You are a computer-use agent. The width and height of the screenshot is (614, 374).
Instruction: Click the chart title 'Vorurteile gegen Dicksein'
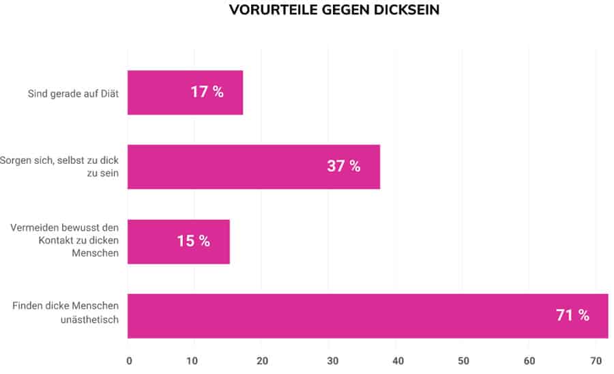pyautogui.click(x=334, y=10)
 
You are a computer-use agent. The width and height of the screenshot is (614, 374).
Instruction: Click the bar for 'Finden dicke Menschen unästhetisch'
pyautogui.click(x=341, y=315)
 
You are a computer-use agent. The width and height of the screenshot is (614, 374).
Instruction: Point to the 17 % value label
pyautogui.click(x=207, y=92)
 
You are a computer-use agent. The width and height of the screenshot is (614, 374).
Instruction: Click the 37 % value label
pyautogui.click(x=343, y=167)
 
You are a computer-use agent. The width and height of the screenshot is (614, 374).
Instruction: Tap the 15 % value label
pyautogui.click(x=193, y=241)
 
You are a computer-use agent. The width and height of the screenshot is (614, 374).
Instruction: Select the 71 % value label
pyautogui.click(x=572, y=315)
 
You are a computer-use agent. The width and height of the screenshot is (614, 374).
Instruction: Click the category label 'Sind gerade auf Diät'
pyautogui.click(x=73, y=93)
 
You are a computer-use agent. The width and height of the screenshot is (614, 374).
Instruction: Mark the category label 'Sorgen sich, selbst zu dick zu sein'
pyautogui.click(x=60, y=167)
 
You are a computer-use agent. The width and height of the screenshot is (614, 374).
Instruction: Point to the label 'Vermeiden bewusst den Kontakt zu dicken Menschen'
pyautogui.click(x=65, y=241)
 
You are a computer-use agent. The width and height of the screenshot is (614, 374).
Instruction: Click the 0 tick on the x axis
pyautogui.click(x=129, y=360)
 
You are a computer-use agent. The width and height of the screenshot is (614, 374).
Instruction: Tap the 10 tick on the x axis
pyautogui.click(x=194, y=360)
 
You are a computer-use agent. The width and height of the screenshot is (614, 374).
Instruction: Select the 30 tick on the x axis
pyautogui.click(x=329, y=360)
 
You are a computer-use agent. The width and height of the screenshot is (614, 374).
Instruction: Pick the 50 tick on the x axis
pyautogui.click(x=463, y=360)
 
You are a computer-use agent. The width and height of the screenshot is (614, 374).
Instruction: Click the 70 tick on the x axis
pyautogui.click(x=596, y=360)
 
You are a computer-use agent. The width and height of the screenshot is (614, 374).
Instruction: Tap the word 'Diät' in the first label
pyautogui.click(x=109, y=93)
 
